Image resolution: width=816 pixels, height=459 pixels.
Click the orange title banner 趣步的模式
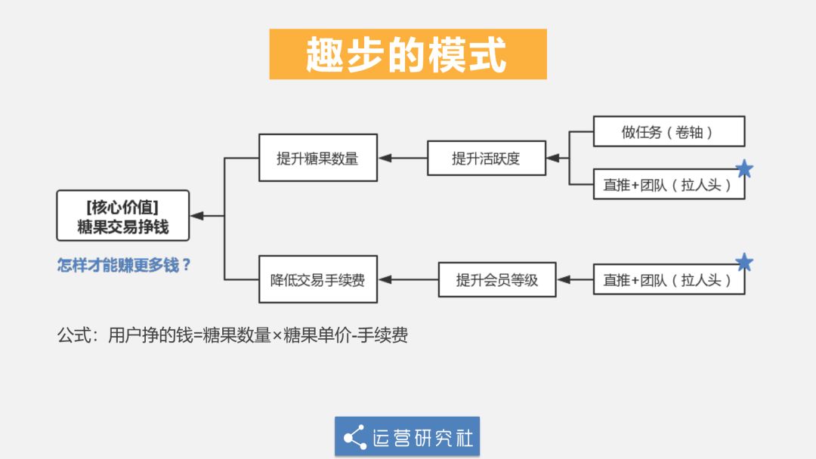click(x=408, y=54)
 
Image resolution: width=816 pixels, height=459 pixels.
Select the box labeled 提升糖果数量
click(x=317, y=159)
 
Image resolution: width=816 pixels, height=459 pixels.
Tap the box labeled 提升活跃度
click(x=486, y=159)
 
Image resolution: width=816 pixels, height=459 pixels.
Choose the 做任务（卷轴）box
click(x=669, y=131)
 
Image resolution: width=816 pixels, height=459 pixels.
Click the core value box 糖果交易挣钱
click(x=123, y=216)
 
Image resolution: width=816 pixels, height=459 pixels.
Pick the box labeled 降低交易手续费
click(x=317, y=280)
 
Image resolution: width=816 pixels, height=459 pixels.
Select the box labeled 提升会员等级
click(x=497, y=280)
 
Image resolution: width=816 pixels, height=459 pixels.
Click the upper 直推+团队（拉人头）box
click(x=669, y=184)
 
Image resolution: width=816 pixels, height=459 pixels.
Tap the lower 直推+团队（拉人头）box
click(x=669, y=280)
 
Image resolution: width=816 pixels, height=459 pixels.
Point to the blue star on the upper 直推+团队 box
click(x=744, y=169)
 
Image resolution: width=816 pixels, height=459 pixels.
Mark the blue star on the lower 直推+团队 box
click(x=744, y=263)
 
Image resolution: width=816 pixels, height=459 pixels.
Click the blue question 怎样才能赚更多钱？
click(x=124, y=265)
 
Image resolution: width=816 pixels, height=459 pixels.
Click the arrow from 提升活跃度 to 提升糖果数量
click(x=402, y=159)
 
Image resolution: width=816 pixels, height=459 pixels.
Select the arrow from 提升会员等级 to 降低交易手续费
click(x=408, y=280)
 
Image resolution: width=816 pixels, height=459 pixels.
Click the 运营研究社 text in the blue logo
click(x=422, y=437)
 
